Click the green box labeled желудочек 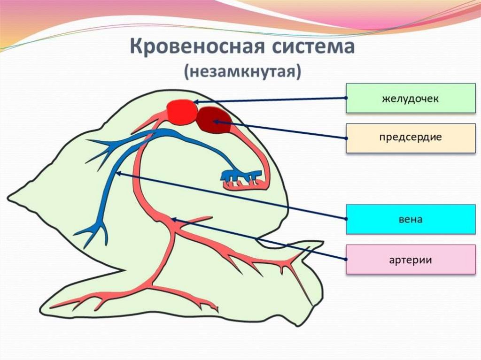(x=410, y=98)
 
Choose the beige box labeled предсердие (x=410, y=138)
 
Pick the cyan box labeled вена (x=410, y=219)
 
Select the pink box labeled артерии (x=410, y=259)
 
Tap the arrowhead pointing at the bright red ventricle (x=196, y=101)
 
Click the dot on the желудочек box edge (x=346, y=98)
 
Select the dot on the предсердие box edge (x=346, y=138)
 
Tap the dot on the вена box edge (x=346, y=219)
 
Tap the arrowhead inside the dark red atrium (x=217, y=122)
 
